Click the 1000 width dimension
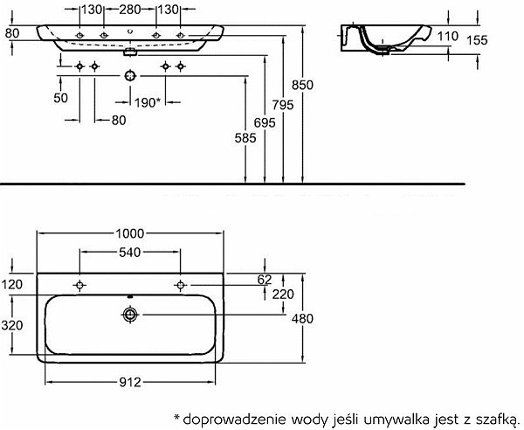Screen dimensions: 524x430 pyautogui.click(x=129, y=233)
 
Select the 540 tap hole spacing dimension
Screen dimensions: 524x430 pyautogui.click(x=129, y=253)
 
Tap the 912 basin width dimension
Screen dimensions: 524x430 pyautogui.click(x=130, y=382)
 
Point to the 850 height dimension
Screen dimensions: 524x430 pyautogui.click(x=302, y=85)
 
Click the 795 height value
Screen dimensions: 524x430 pyautogui.click(x=283, y=105)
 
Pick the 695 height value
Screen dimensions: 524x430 pyautogui.click(x=265, y=122)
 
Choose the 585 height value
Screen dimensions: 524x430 pyautogui.click(x=245, y=138)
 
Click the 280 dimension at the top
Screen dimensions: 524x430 pyautogui.click(x=130, y=10)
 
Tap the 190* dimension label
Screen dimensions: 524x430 pyautogui.click(x=148, y=102)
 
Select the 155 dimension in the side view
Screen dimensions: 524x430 pyautogui.click(x=477, y=40)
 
